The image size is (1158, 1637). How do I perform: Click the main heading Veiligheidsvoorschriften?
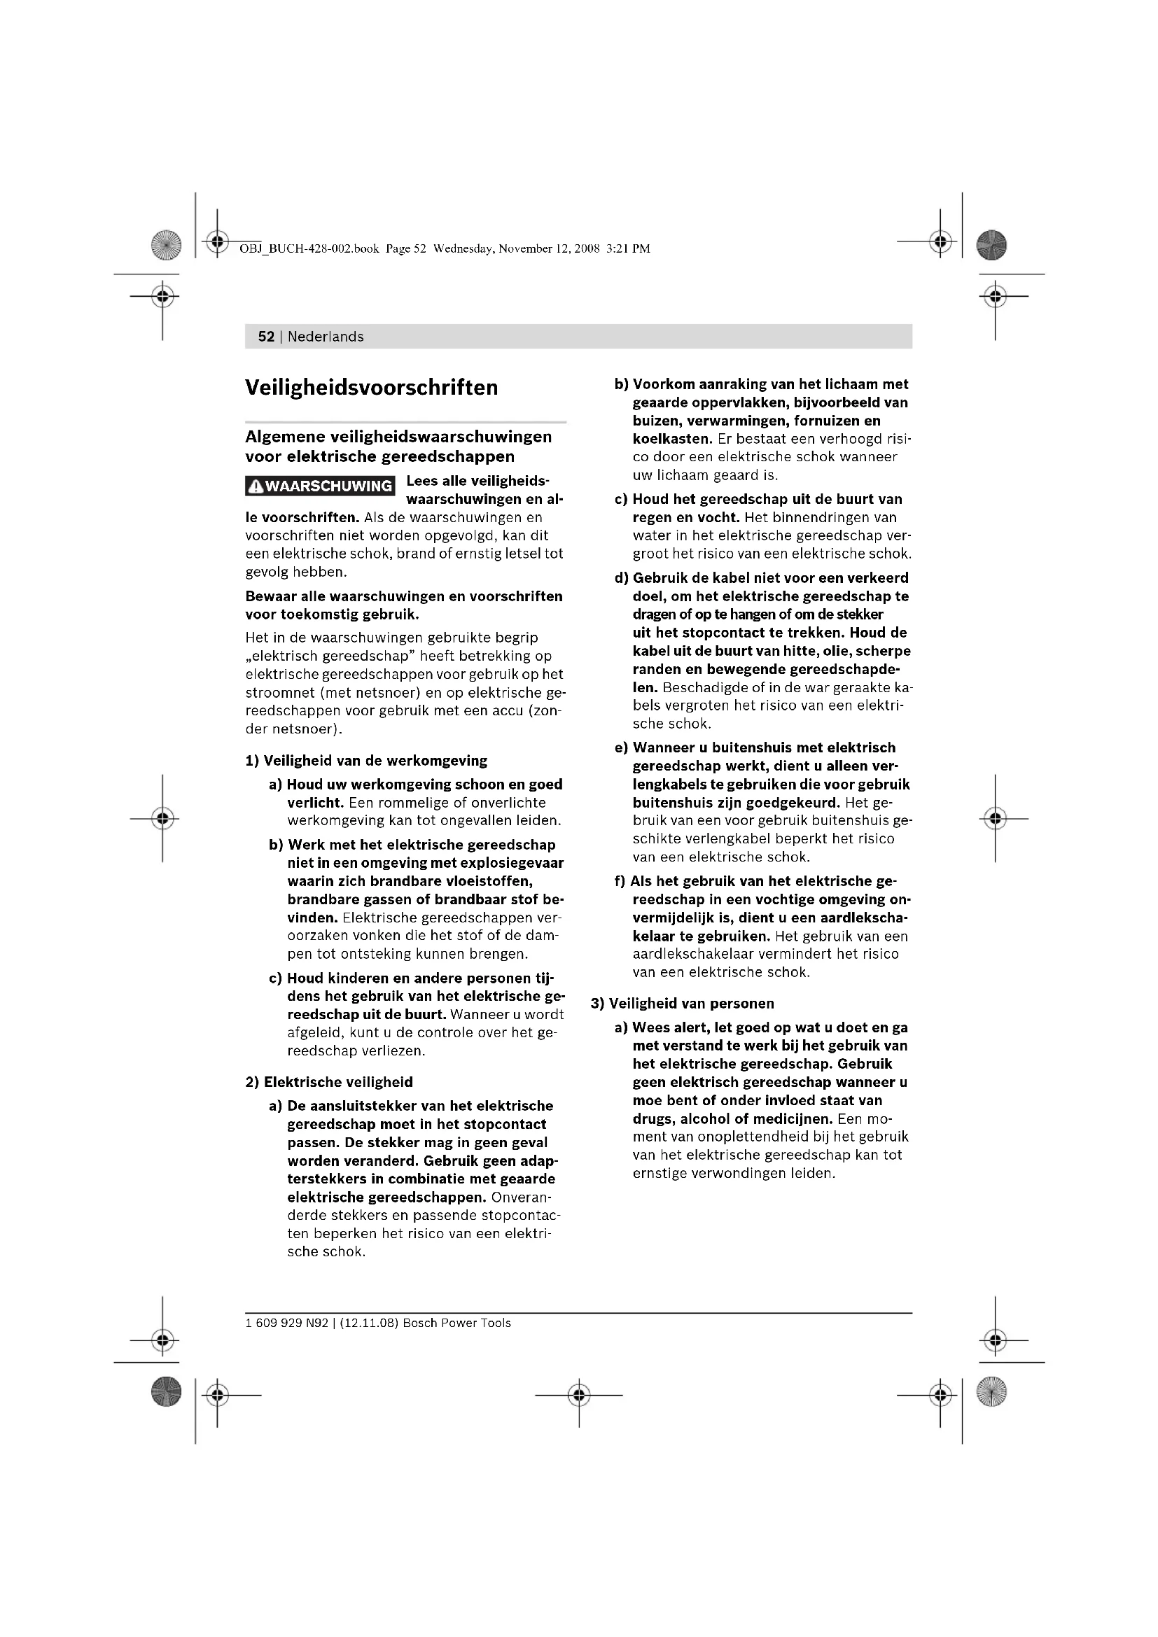(x=372, y=388)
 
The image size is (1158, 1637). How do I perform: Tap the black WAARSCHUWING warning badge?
(x=320, y=486)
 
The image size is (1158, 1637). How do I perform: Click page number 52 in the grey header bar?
(x=266, y=337)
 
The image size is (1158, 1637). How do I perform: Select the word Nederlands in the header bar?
(x=325, y=337)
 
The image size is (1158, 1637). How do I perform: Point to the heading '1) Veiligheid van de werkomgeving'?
(x=366, y=761)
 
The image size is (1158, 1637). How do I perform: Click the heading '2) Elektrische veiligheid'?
(x=329, y=1081)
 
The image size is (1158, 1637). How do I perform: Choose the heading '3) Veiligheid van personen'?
(x=682, y=1003)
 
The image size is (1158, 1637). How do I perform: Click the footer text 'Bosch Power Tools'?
(x=457, y=1323)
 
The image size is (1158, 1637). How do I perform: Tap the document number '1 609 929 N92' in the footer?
(x=286, y=1323)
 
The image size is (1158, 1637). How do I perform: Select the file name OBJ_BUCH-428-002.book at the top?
(x=309, y=249)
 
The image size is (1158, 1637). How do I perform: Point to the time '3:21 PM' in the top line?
(x=628, y=249)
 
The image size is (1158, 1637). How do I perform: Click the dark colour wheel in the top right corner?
(x=991, y=245)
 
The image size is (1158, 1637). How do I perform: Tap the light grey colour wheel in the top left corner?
(x=166, y=245)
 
